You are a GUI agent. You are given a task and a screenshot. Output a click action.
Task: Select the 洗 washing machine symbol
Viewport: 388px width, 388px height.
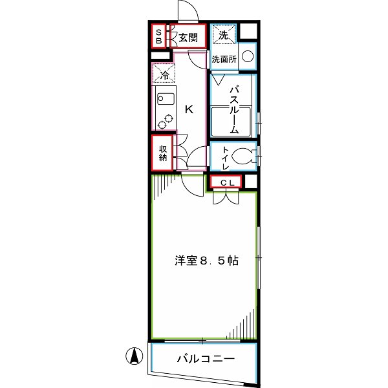pyautogui.click(x=222, y=36)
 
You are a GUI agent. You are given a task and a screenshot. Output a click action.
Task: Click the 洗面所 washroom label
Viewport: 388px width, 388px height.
pyautogui.click(x=224, y=59)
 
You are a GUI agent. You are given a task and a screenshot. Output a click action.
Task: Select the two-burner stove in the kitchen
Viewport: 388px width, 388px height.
pyautogui.click(x=165, y=121)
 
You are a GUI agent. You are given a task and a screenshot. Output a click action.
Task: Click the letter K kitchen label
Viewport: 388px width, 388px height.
pyautogui.click(x=189, y=109)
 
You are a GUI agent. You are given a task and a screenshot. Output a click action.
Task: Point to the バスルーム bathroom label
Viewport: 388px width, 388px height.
pyautogui.click(x=234, y=108)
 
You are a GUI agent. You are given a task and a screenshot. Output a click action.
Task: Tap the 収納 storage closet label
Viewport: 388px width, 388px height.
pyautogui.click(x=164, y=153)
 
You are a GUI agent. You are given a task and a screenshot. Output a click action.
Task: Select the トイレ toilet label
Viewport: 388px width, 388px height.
pyautogui.click(x=224, y=157)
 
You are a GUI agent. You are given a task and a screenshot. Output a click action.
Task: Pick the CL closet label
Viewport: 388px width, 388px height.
pyautogui.click(x=224, y=183)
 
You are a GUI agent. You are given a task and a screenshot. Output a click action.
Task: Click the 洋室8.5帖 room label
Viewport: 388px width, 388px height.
pyautogui.click(x=206, y=261)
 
